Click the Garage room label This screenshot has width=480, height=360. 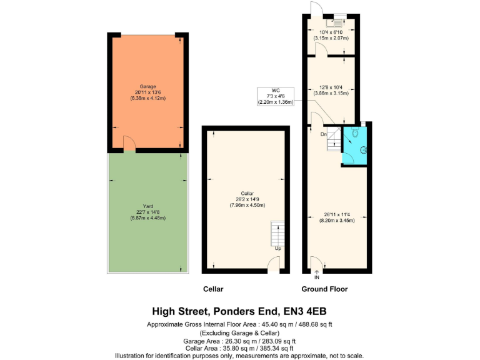point(147,86)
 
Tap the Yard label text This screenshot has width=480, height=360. point(147,206)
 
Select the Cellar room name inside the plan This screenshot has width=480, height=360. point(246,193)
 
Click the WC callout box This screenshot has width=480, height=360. point(275,96)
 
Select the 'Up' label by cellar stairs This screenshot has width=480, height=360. point(277,249)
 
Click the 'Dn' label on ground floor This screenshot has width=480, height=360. point(324,134)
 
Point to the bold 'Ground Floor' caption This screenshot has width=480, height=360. point(324,289)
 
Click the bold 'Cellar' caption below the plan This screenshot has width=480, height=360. point(213,289)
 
